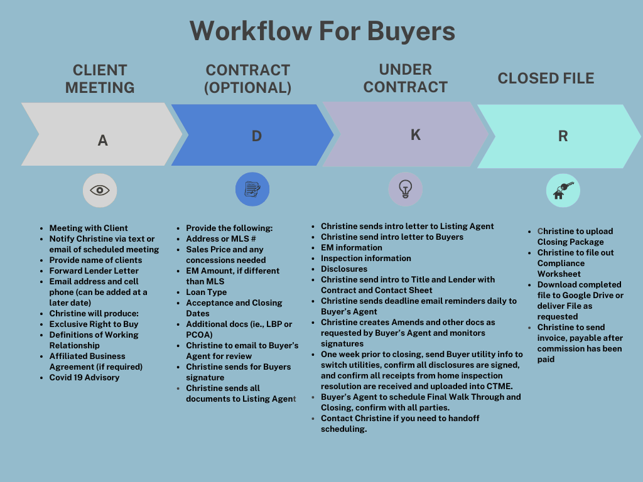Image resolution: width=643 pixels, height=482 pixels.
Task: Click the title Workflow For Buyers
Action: click(x=322, y=30)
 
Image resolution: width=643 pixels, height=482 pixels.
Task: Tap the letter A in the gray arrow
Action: click(x=103, y=141)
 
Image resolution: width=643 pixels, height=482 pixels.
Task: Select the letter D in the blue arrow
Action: click(x=256, y=136)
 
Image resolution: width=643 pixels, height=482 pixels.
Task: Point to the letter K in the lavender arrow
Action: click(x=415, y=135)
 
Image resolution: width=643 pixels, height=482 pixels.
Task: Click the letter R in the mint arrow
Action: click(x=563, y=137)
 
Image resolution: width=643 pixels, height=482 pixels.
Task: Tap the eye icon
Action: click(x=100, y=190)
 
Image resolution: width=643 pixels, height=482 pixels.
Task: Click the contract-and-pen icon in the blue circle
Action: click(x=252, y=189)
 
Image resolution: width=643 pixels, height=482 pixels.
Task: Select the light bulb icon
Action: click(x=406, y=189)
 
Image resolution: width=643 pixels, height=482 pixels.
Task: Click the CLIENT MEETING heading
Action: click(x=100, y=78)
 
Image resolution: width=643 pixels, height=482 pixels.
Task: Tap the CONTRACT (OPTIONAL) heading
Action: click(x=247, y=78)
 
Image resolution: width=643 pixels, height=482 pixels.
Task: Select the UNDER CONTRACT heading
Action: click(x=405, y=78)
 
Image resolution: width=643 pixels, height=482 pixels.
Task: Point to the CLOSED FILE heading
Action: click(x=546, y=78)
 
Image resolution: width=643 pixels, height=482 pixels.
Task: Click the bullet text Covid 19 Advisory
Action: click(x=84, y=378)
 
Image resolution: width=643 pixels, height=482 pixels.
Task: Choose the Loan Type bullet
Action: click(x=206, y=292)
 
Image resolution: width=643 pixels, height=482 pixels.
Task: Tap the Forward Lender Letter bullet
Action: click(x=94, y=270)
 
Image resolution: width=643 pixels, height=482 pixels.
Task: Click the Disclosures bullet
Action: click(x=343, y=269)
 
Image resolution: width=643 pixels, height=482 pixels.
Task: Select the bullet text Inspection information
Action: click(x=365, y=258)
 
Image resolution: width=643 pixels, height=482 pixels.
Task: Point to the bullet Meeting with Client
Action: click(x=88, y=228)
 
